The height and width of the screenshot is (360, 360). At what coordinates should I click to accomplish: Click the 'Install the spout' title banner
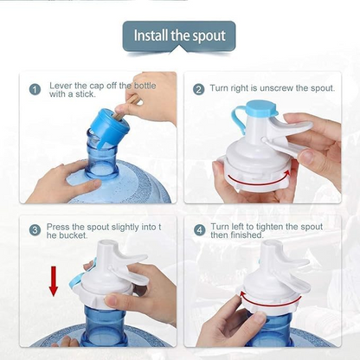click(x=179, y=35)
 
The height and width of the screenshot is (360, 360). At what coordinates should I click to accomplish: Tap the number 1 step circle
click(x=35, y=89)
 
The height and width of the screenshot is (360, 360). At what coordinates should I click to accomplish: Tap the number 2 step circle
click(x=199, y=89)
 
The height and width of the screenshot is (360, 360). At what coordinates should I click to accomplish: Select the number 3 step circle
click(x=35, y=229)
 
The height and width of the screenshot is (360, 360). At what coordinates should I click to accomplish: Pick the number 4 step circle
click(x=199, y=229)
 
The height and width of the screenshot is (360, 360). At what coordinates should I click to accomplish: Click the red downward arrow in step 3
click(x=53, y=281)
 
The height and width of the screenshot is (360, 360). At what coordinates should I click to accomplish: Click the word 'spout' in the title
click(x=207, y=35)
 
